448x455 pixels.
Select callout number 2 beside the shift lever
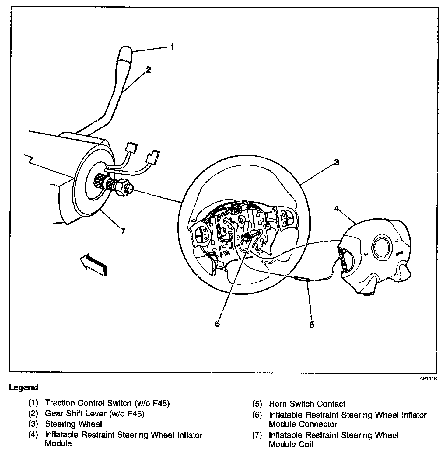click(x=148, y=70)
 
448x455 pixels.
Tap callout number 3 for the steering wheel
click(x=336, y=162)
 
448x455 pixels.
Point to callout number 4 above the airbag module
click(x=336, y=208)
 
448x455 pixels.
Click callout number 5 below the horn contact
click(x=312, y=325)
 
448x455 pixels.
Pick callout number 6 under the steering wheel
click(x=217, y=324)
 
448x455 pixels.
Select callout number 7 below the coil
click(x=123, y=231)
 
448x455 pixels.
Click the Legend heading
click(x=23, y=387)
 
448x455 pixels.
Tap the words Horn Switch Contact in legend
click(x=307, y=404)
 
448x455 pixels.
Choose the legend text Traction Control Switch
click(x=88, y=403)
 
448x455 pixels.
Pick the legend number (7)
click(x=257, y=436)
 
